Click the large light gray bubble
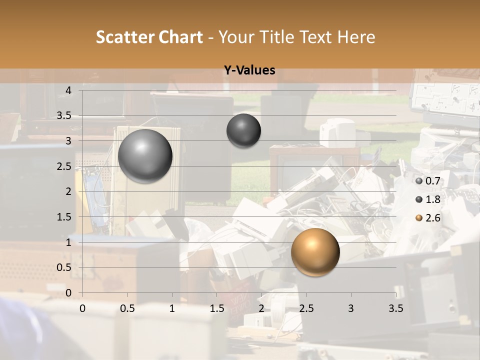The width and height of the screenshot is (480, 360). (x=145, y=156)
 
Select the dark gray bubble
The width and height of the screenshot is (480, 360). (x=243, y=131)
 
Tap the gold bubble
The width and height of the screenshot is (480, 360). (x=315, y=252)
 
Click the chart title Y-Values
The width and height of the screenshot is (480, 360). (x=249, y=70)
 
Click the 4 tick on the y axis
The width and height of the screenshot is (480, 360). (x=69, y=90)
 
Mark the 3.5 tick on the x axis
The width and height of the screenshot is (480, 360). (x=395, y=308)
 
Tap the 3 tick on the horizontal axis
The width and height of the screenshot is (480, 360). (x=350, y=308)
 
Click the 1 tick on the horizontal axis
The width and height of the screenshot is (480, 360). (x=172, y=308)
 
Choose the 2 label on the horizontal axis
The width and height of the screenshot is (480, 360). (x=261, y=308)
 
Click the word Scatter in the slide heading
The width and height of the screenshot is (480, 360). (x=124, y=37)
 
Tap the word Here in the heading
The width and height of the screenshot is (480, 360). (x=356, y=37)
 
